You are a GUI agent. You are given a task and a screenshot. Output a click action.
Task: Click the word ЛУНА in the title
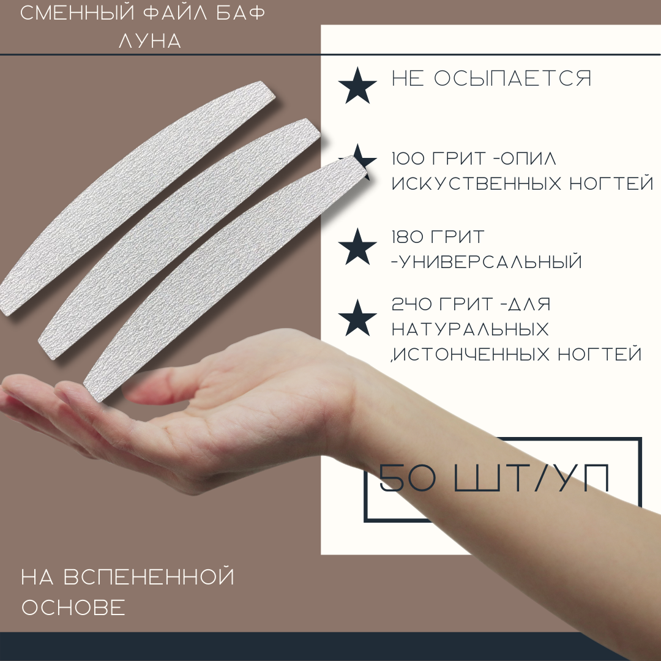[x=150, y=41]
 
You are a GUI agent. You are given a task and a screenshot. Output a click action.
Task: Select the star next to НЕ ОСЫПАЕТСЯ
[x=357, y=86]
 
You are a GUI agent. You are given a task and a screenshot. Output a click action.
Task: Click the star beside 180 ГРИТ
[x=357, y=247]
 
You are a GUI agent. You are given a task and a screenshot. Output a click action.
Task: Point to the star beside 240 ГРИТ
[x=357, y=318]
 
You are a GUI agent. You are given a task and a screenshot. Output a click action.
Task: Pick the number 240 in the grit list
[x=411, y=304]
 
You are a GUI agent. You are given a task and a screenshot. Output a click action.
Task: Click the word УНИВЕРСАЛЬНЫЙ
[x=490, y=262]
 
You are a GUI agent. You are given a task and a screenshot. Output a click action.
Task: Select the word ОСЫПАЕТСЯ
[x=513, y=78]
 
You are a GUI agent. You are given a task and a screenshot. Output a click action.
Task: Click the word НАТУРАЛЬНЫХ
[x=471, y=329]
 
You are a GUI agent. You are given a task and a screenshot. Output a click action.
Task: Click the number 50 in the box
[x=408, y=478]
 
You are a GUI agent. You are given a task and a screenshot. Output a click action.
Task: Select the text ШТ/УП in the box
[x=532, y=478]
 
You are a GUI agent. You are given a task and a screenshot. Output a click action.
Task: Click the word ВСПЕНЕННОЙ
[x=149, y=577]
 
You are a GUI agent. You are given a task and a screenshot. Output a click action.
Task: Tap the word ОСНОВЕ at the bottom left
[x=74, y=608]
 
